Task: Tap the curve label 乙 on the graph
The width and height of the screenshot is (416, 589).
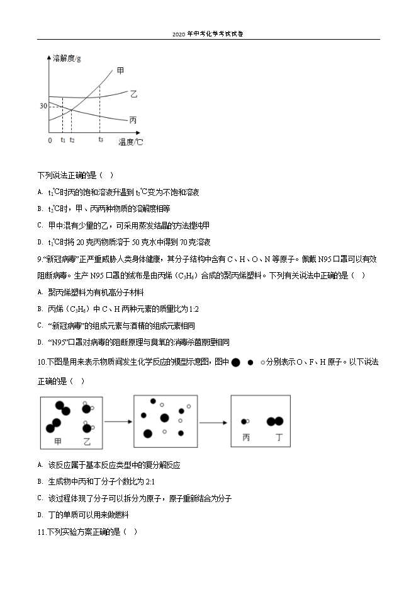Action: [x=133, y=94]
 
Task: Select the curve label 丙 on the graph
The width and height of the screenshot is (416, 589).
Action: [x=133, y=120]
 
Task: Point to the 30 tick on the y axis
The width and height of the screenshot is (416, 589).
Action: [x=43, y=106]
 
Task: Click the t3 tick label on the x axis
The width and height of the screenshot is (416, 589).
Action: [x=100, y=139]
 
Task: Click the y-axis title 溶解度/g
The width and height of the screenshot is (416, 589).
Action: [x=67, y=58]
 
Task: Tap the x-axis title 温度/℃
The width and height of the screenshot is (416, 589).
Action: [x=131, y=142]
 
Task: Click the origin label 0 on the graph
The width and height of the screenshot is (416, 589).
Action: [x=50, y=140]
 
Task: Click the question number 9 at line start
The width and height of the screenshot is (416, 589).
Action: [x=40, y=258]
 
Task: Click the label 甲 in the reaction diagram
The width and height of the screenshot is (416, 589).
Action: [x=59, y=442]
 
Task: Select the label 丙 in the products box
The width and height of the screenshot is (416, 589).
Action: [x=246, y=437]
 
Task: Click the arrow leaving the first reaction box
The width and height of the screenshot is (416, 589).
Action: [x=117, y=421]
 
